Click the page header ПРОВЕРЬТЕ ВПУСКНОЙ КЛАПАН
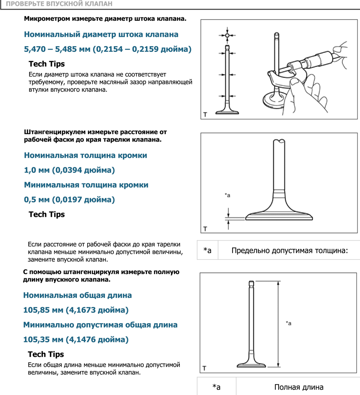(x=59, y=5)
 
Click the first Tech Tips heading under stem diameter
(x=47, y=64)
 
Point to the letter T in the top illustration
(x=205, y=114)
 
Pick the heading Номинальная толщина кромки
(x=86, y=155)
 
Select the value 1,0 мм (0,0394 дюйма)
(x=69, y=170)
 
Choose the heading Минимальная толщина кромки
(x=86, y=185)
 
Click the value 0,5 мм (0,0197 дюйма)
(x=69, y=200)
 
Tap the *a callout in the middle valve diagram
(x=227, y=195)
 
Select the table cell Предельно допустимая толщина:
(x=289, y=250)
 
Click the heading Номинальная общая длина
(x=78, y=295)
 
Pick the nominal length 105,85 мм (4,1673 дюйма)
(x=76, y=310)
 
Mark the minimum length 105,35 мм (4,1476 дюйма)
(x=76, y=340)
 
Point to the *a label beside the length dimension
(x=289, y=323)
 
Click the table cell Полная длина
(x=299, y=387)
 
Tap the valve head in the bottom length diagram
(x=252, y=364)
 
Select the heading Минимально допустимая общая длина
(x=100, y=325)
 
